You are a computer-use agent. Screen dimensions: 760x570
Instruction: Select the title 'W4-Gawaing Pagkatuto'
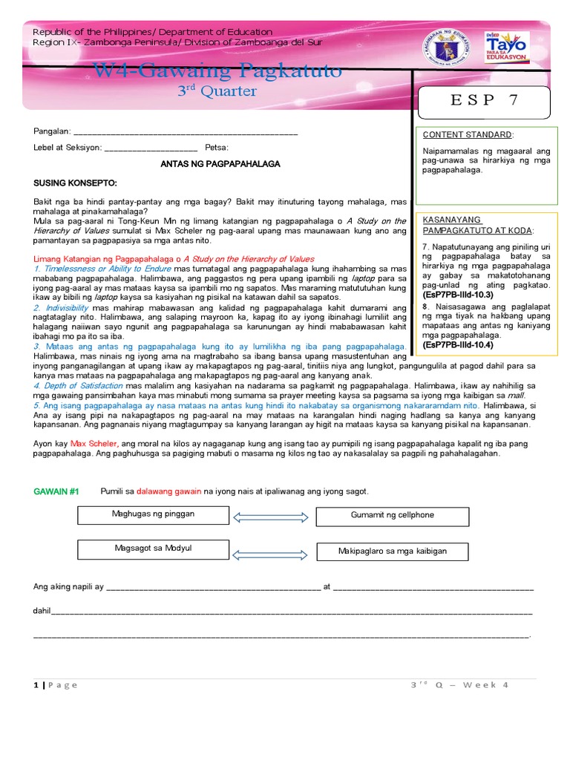(x=217, y=71)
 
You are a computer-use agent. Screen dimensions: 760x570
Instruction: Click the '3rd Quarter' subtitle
(x=216, y=91)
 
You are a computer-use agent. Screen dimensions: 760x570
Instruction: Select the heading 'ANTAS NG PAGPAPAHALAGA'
(x=220, y=164)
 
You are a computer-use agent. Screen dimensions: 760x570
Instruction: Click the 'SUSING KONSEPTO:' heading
(x=75, y=183)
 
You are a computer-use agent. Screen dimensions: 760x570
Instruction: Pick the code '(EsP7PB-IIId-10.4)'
(x=457, y=345)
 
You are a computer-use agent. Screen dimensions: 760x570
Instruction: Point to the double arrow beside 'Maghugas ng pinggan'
(x=271, y=517)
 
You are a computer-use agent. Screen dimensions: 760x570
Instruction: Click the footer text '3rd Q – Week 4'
(x=459, y=684)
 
